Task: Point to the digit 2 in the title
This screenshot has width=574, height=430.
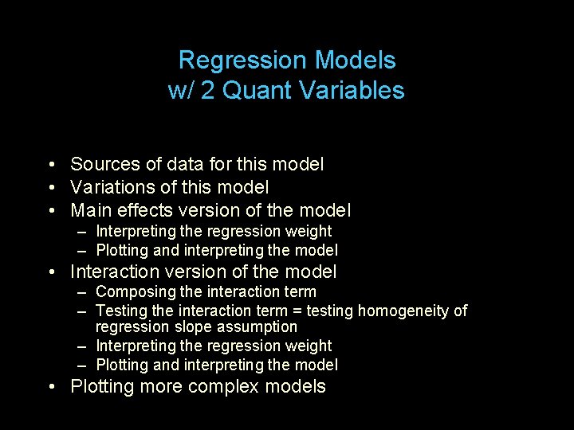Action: point(207,91)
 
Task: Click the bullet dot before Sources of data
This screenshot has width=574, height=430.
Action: point(50,166)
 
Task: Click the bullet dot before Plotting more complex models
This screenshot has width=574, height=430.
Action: point(50,388)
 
